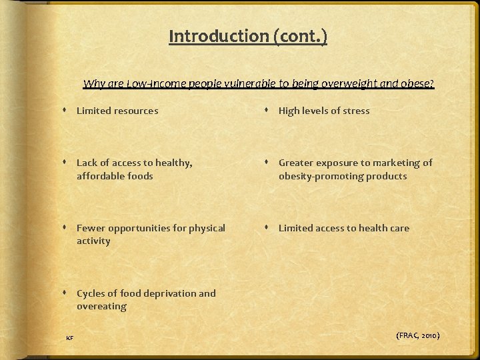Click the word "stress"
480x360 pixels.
(x=355, y=111)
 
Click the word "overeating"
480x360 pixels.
(x=101, y=307)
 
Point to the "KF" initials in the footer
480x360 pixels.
(x=69, y=339)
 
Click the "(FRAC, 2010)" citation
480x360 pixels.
(x=418, y=335)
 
